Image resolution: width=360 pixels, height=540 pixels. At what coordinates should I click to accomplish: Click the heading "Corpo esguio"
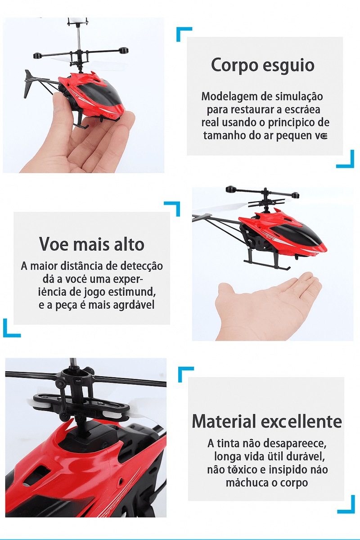tap(263, 65)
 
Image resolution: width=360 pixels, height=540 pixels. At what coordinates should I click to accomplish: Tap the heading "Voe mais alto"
tap(91, 244)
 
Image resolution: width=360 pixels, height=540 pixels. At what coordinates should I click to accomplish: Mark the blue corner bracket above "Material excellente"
tap(185, 374)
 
